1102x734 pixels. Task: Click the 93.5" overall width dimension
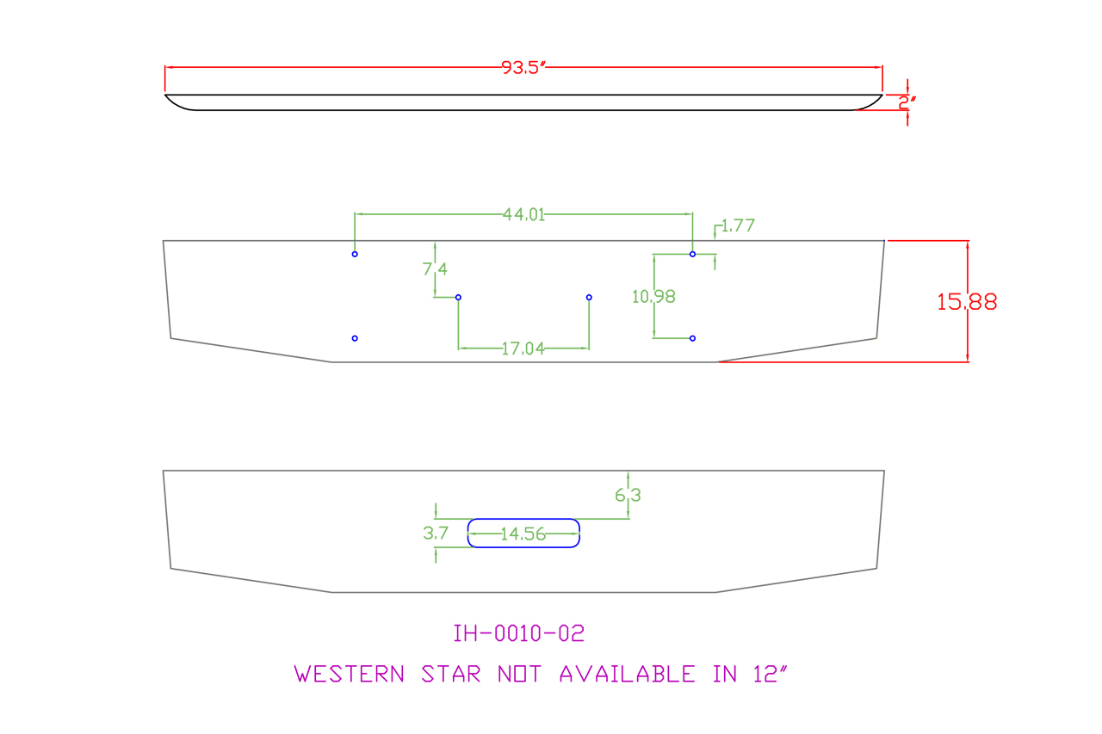tap(524, 68)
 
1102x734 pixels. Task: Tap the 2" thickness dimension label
tap(907, 102)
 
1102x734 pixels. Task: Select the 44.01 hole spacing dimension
tap(524, 214)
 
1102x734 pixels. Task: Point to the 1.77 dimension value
tap(738, 226)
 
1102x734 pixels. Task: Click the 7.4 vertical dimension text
tap(435, 269)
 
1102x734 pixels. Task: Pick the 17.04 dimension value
tap(523, 348)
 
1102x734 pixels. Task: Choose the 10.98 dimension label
tap(653, 297)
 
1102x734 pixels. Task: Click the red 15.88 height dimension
tap(968, 302)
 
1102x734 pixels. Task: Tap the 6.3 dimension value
tap(628, 496)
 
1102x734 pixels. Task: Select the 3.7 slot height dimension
tap(436, 534)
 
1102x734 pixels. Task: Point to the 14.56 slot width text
tap(523, 534)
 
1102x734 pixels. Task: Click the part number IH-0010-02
tap(519, 634)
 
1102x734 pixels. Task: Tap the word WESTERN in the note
tap(350, 674)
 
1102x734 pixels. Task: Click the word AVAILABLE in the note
tap(628, 674)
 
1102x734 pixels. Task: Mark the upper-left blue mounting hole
tap(355, 255)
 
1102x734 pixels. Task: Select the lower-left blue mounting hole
tap(355, 339)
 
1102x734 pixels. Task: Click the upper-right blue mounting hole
tap(693, 255)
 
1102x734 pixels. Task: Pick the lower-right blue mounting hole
tap(693, 339)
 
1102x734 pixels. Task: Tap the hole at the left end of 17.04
tap(458, 298)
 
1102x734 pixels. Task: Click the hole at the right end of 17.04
tap(589, 298)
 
